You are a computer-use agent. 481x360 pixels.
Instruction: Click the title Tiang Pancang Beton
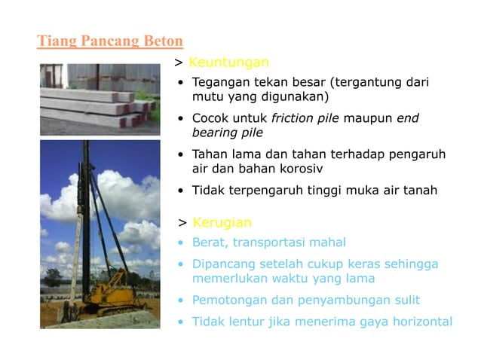(110, 41)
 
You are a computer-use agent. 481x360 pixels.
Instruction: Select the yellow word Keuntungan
(228, 62)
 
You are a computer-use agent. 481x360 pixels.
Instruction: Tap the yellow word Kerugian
(222, 223)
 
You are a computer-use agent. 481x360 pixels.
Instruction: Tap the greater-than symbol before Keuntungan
(179, 63)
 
